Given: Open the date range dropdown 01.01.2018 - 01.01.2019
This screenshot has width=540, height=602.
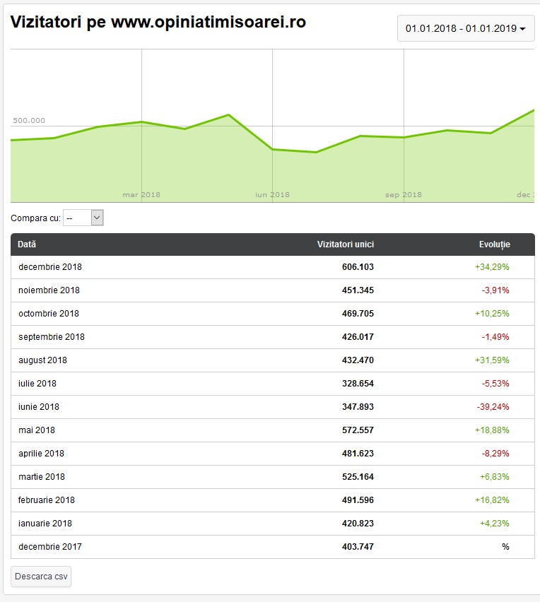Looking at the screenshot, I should [x=465, y=29].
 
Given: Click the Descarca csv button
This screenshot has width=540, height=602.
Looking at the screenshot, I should [x=41, y=577].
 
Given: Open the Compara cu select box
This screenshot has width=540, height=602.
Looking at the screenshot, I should [x=83, y=218].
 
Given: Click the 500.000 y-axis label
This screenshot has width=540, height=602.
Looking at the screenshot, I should [x=29, y=121].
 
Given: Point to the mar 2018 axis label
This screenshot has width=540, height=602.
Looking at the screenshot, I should [x=141, y=195].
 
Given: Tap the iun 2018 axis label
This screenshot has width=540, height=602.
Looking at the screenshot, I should [x=272, y=195].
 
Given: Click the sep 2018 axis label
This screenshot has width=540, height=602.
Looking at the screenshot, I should [x=404, y=195].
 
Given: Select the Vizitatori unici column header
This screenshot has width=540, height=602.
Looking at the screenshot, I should [x=345, y=244].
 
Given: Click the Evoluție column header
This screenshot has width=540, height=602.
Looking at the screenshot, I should [x=494, y=244].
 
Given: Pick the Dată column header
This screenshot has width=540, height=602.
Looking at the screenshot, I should [x=27, y=244].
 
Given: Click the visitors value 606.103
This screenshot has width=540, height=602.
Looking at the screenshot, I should [x=358, y=267].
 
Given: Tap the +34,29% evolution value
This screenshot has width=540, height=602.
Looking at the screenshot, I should [x=492, y=267].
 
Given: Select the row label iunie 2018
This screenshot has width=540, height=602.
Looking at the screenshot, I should [x=39, y=407].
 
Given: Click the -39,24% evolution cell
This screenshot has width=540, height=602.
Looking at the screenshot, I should [x=493, y=407].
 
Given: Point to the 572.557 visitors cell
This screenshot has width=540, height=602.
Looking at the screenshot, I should [x=358, y=430].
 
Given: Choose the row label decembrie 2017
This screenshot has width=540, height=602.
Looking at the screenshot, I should [x=50, y=547].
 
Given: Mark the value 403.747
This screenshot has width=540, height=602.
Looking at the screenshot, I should [x=358, y=547].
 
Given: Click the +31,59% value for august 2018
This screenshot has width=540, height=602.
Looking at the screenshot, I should [x=492, y=360].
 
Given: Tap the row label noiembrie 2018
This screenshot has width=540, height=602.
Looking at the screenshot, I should [x=49, y=290].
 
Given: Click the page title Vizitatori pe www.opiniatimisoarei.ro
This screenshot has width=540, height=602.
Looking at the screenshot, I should [x=158, y=22].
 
